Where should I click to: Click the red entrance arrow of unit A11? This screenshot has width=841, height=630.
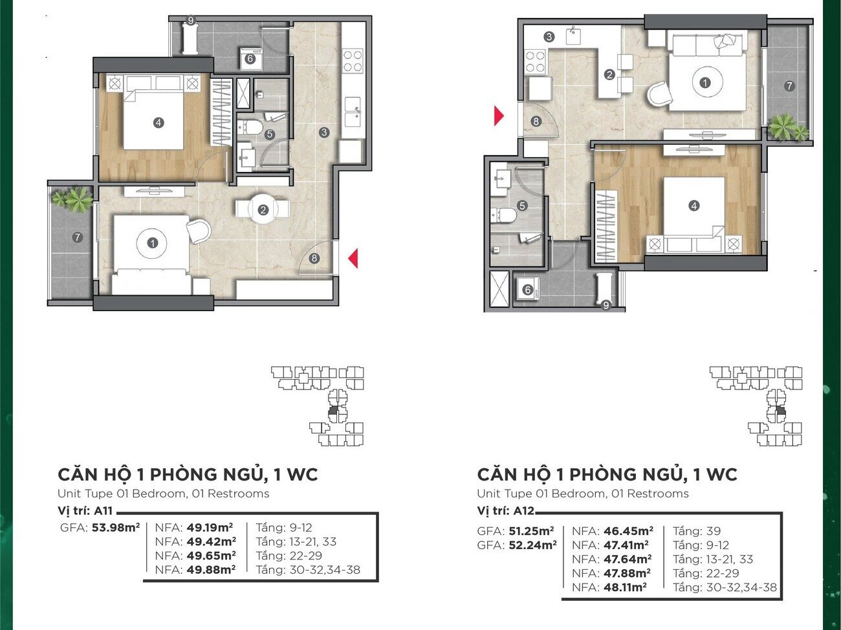(354, 258)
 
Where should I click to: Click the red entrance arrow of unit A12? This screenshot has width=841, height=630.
(499, 116)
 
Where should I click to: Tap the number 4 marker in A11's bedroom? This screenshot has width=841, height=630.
(158, 123)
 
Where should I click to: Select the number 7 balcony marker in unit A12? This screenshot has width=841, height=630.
(789, 86)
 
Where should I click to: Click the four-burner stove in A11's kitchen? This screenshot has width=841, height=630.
(353, 61)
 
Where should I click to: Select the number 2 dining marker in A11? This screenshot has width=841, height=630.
(263, 210)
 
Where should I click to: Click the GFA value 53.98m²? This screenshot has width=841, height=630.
(116, 528)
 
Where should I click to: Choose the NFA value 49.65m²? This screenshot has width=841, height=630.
(211, 556)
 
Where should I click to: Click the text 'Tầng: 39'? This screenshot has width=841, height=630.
(697, 531)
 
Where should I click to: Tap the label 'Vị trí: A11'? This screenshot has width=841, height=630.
(85, 511)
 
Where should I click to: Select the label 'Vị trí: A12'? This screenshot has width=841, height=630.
(505, 511)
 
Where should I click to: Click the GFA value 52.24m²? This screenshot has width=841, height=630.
(532, 545)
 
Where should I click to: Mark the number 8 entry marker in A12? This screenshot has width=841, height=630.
(536, 122)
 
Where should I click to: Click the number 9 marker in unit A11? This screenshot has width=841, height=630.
(191, 21)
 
